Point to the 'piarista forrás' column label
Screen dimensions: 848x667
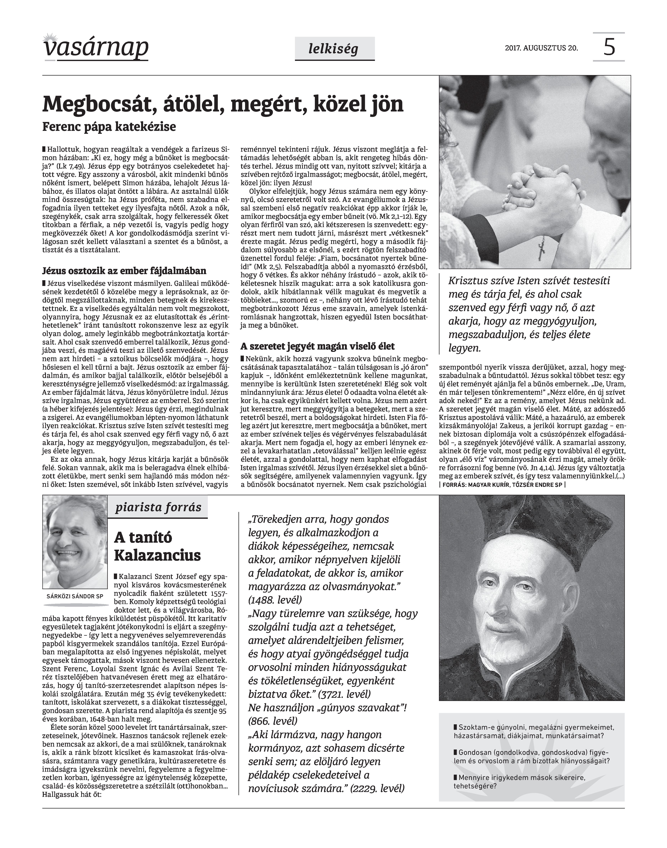tap(158, 507)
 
